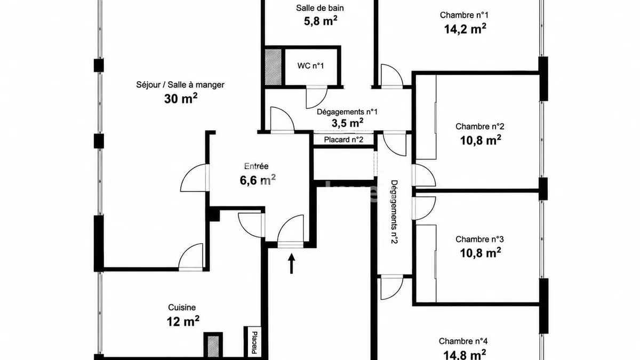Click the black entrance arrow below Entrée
point(291,263)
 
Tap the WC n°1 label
point(310,66)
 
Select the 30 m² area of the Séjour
point(181,99)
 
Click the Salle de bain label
point(319,8)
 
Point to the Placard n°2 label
point(343,140)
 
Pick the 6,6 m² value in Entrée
point(258,180)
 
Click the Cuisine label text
point(182,307)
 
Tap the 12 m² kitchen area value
point(183,321)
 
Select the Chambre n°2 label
point(479,126)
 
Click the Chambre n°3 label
point(479,239)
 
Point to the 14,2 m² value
point(465,29)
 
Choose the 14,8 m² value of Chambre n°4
point(465,355)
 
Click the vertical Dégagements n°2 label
point(394,212)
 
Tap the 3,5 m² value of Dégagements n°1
point(347,123)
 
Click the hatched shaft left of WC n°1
point(273,67)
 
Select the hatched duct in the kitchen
point(213,346)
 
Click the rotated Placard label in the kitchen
point(254,342)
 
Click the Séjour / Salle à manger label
point(180,85)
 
